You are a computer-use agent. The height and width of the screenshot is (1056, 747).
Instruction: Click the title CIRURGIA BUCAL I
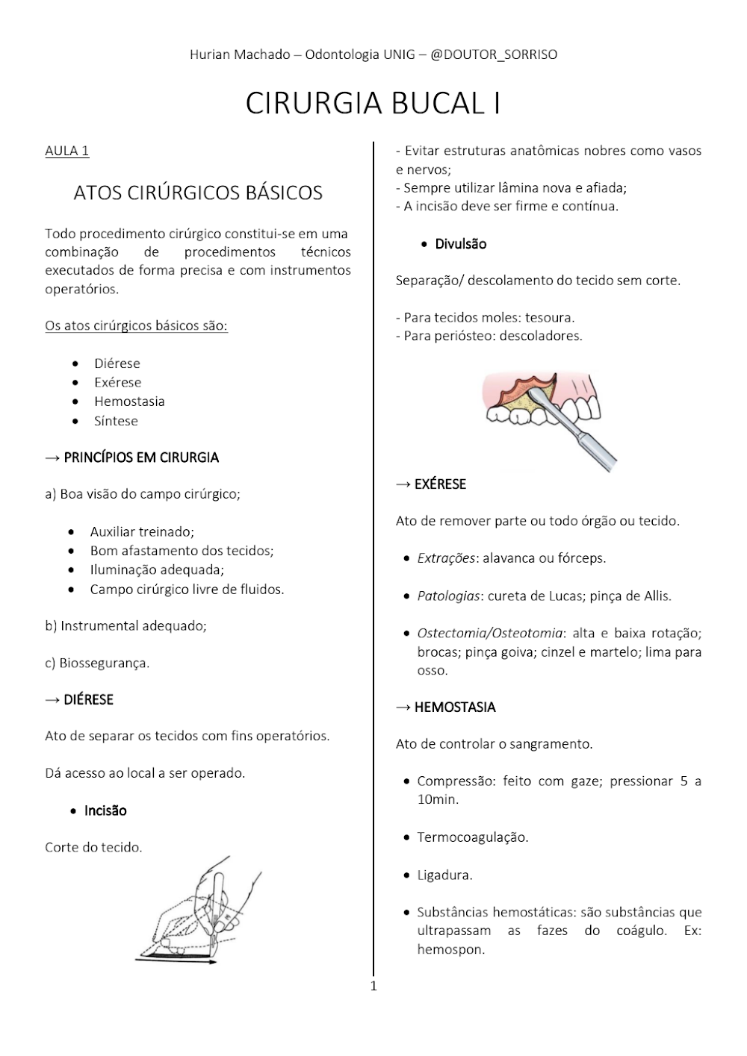click(x=373, y=104)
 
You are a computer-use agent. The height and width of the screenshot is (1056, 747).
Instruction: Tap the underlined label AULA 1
click(x=67, y=151)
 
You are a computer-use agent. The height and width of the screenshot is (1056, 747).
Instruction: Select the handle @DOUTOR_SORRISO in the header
click(x=494, y=54)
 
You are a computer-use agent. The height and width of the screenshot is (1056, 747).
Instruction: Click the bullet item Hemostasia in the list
click(x=129, y=402)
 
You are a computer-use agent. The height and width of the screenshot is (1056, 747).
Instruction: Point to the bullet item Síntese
click(x=116, y=421)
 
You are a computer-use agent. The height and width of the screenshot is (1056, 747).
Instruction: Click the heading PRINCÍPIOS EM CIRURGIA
click(x=141, y=457)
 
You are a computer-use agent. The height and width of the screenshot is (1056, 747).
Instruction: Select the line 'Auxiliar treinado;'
click(x=142, y=532)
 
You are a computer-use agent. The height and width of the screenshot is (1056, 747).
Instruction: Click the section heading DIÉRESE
click(x=88, y=699)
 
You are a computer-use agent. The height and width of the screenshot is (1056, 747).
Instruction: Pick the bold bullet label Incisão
click(x=105, y=810)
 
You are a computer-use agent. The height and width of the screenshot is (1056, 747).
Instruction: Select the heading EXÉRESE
click(x=440, y=484)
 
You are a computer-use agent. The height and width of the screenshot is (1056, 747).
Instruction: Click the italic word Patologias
click(x=447, y=596)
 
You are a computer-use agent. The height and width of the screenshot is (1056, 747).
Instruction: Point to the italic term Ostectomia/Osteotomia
click(x=489, y=633)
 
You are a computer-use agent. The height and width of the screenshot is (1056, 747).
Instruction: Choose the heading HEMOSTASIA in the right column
click(x=455, y=707)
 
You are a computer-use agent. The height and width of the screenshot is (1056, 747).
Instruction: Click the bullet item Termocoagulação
click(x=472, y=837)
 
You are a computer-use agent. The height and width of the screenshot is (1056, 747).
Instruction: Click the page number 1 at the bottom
click(x=373, y=987)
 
